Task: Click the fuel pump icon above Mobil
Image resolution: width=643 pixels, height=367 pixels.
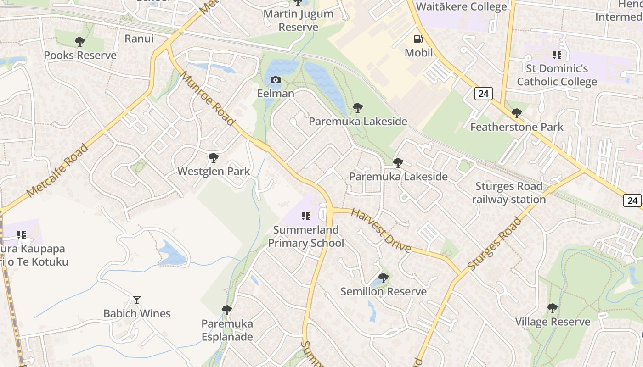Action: pos(418,39)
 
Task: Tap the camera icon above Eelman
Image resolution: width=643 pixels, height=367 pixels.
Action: pos(275,80)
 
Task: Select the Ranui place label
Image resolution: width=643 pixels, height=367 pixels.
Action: pos(139,39)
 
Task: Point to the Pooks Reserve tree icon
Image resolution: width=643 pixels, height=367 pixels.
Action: pos(80,42)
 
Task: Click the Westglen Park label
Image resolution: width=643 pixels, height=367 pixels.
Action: pos(214,172)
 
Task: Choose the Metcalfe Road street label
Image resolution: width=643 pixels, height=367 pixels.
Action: pos(57,171)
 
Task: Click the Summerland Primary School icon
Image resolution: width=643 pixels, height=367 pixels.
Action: pos(305,216)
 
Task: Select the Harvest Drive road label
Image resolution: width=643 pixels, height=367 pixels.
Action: pos(381,230)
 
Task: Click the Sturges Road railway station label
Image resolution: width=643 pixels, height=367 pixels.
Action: pos(509,193)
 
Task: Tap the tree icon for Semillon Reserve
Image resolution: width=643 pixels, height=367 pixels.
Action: pos(383,278)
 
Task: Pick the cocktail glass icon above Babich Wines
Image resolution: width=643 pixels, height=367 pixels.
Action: pos(137,300)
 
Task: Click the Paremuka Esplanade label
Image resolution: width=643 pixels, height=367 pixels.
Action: pos(227,330)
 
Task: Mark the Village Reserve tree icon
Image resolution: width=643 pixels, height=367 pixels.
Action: pos(553,308)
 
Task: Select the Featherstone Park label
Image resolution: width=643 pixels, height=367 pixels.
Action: pos(517,127)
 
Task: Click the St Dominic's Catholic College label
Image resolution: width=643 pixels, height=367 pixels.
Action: pos(557,75)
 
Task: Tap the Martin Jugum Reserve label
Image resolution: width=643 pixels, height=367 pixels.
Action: pos(299,20)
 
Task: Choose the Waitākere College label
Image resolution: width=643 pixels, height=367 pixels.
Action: pos(461,6)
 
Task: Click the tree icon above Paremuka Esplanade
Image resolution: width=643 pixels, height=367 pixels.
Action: pos(227,310)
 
